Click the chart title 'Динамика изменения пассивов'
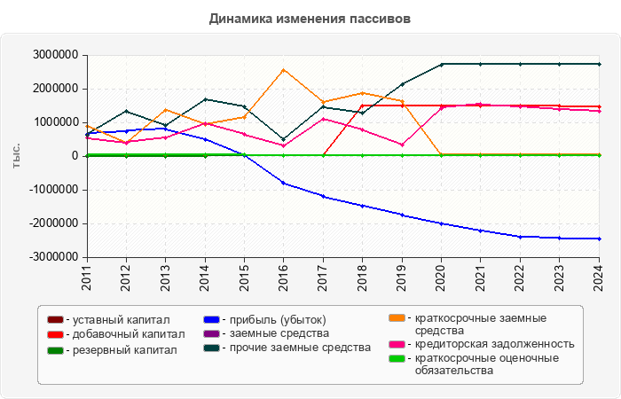pos(310,19)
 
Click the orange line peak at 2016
pos(283,69)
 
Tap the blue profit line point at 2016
pos(283,183)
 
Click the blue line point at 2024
pos(599,239)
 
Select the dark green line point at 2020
pos(441,64)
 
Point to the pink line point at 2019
pos(402,145)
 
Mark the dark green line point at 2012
pos(126,111)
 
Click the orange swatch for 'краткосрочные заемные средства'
pos(397,317)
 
